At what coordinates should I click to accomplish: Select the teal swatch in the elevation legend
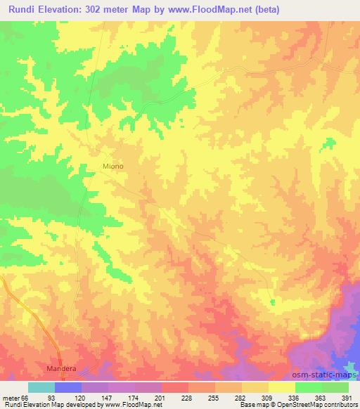coord(41,387)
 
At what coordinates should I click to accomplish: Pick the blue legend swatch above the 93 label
coord(68,387)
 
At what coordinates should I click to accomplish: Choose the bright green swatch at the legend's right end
coord(335,387)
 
